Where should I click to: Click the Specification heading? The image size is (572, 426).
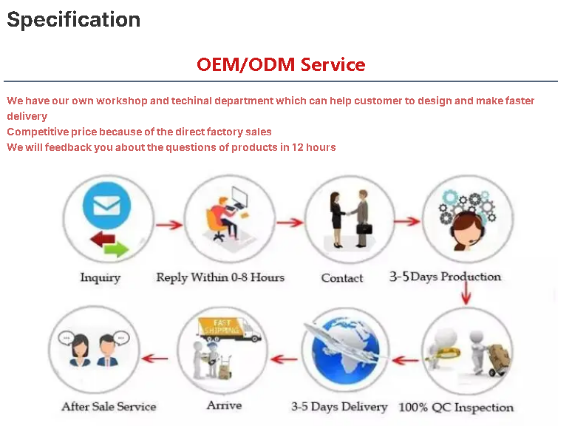[74, 20]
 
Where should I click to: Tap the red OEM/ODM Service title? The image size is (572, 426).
[281, 64]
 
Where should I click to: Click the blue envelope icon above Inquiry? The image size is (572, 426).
[106, 206]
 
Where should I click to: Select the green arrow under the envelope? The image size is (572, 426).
[116, 250]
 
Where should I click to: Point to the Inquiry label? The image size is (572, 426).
[101, 278]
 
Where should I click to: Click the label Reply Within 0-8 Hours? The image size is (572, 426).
[220, 277]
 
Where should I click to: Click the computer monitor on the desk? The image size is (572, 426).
[239, 197]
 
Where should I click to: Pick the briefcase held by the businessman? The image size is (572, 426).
[364, 229]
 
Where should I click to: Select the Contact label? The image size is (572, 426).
[342, 278]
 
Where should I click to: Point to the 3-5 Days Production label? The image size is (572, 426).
[445, 277]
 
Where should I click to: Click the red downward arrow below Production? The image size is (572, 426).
[466, 293]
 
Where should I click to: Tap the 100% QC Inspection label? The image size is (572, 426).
[456, 408]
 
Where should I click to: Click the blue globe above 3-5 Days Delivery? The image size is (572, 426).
[345, 350]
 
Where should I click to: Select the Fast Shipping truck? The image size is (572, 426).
[229, 329]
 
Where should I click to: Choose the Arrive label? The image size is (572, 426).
[225, 405]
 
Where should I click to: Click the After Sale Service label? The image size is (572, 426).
[109, 406]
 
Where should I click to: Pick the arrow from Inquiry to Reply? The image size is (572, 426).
[169, 225]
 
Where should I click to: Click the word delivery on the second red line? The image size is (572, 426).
[27, 116]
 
